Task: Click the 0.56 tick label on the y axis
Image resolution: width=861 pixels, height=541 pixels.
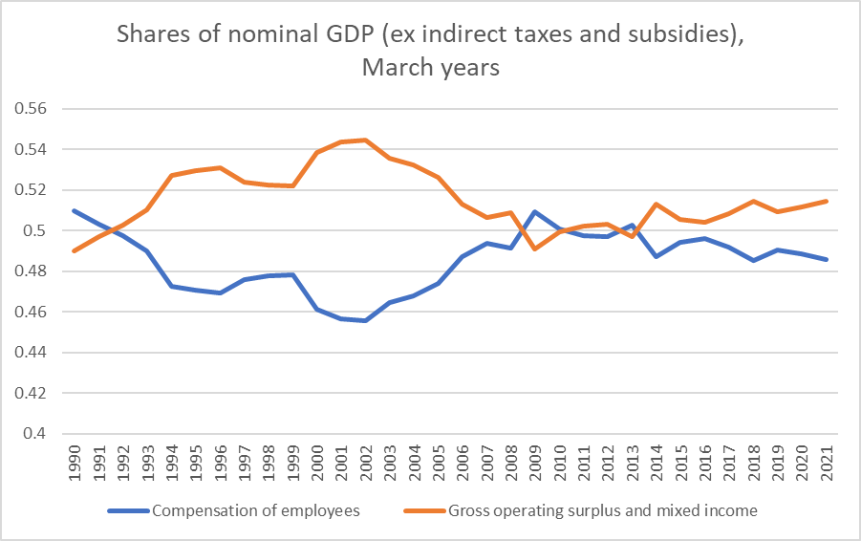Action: coord(33,109)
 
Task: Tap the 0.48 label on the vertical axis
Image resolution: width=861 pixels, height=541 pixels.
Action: coord(33,271)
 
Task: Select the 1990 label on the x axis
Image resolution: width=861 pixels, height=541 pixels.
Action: coord(74,458)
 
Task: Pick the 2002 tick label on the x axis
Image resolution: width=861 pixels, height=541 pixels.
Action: coord(366,458)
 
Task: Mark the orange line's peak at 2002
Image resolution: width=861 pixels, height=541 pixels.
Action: coord(366,140)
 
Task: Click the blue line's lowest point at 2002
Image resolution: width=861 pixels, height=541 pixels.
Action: coord(366,320)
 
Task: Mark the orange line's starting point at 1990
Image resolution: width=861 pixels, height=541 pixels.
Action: coord(74,250)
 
